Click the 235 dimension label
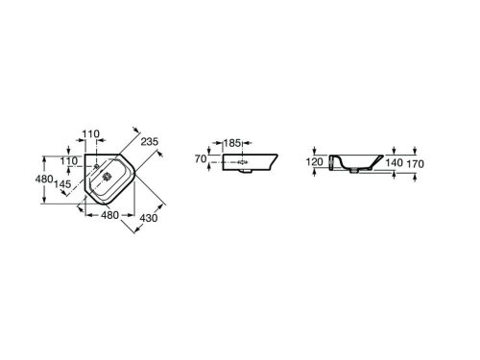(x=150, y=141)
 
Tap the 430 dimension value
(x=149, y=218)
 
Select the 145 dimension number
(x=62, y=184)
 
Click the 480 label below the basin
(x=109, y=215)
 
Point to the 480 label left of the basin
(x=44, y=179)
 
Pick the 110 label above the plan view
(x=91, y=133)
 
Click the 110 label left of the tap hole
(x=69, y=160)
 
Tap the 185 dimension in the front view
(x=231, y=143)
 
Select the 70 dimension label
(x=201, y=158)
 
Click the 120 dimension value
(x=314, y=162)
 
